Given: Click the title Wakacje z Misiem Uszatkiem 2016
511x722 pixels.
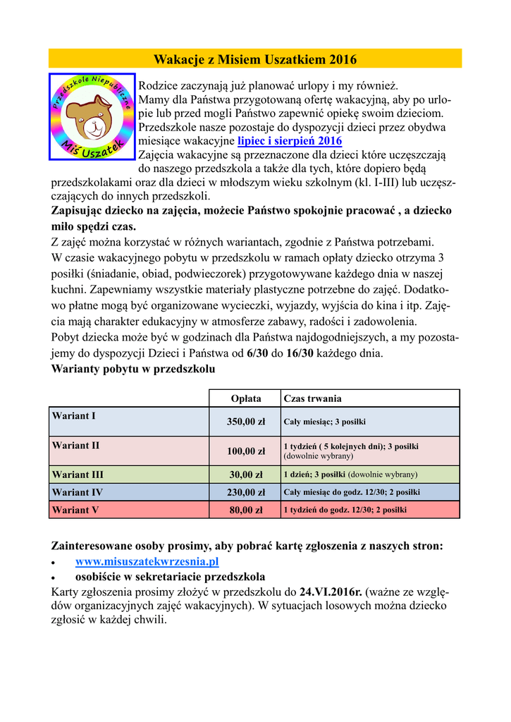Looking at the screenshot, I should [255, 59].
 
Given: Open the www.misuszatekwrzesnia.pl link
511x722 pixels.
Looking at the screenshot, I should [147, 561].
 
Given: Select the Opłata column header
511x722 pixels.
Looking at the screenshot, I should [246, 398].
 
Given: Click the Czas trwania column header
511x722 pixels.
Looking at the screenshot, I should [312, 398].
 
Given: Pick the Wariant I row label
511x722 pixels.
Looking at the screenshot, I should [74, 416].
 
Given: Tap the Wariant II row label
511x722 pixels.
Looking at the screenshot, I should [76, 446].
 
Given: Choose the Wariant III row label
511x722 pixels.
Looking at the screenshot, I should [78, 475].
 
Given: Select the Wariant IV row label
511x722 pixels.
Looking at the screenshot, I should [78, 492].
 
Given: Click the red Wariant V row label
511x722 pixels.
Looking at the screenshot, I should [75, 510].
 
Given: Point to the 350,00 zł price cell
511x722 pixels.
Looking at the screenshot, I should [246, 422].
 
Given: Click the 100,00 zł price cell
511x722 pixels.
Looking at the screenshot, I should [246, 451].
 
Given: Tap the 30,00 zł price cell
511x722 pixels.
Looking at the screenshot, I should [246, 475].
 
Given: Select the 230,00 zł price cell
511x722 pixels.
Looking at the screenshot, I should [246, 492].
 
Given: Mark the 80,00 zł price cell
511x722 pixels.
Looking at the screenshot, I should [246, 510].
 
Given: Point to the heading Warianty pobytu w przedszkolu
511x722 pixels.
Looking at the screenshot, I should [133, 369].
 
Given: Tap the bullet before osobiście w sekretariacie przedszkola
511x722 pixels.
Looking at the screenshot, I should [55, 577].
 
